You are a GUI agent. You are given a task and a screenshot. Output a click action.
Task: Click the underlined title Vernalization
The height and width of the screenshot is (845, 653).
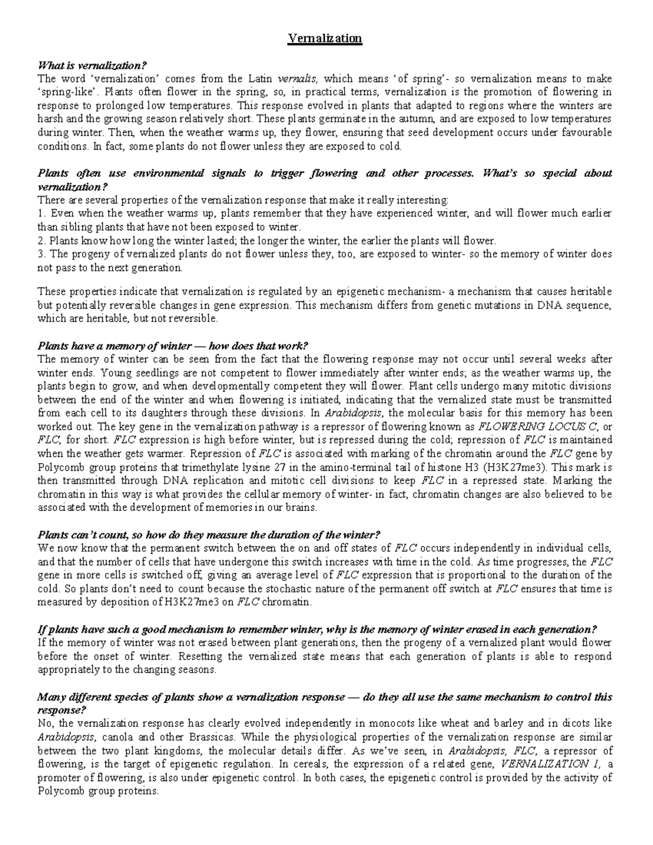(325, 39)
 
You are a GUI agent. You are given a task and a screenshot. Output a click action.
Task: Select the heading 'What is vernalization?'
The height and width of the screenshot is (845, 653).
(92, 66)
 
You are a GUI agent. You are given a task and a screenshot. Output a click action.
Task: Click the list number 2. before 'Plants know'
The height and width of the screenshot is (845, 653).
(41, 240)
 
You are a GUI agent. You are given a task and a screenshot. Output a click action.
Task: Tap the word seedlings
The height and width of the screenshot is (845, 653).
(106, 373)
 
